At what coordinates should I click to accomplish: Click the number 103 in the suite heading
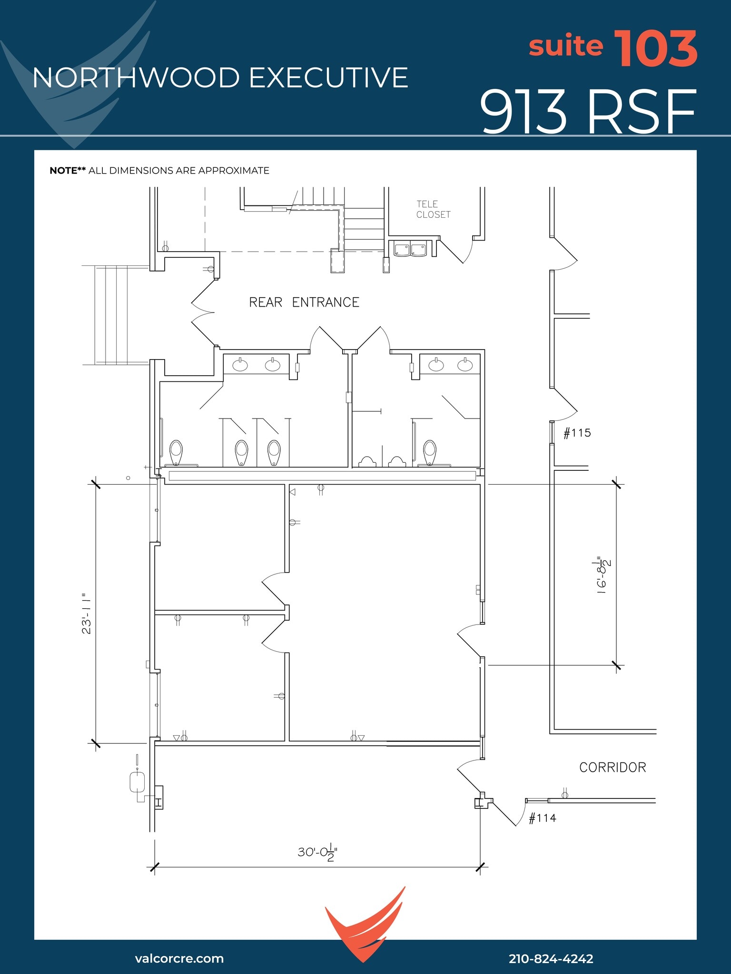(x=655, y=49)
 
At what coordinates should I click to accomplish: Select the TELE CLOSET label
(x=433, y=209)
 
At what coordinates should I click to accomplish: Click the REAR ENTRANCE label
(x=304, y=302)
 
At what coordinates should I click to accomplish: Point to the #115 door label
(x=577, y=433)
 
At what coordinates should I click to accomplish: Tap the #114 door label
(x=542, y=818)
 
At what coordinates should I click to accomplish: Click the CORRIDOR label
(x=612, y=768)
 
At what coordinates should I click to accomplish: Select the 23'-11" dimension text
(x=87, y=614)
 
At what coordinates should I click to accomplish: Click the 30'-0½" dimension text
(x=317, y=853)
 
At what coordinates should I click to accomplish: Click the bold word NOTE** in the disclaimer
(x=68, y=171)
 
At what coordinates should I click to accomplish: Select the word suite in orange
(x=565, y=46)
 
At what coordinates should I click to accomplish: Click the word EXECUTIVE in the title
(x=328, y=78)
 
